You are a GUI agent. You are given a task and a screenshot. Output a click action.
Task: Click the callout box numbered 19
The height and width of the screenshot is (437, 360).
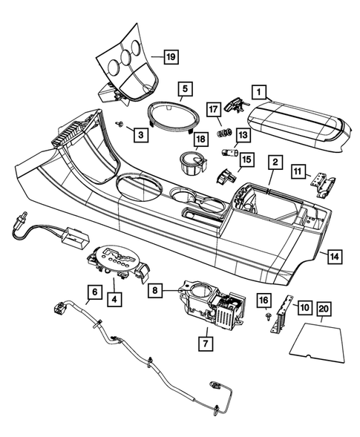(170, 56)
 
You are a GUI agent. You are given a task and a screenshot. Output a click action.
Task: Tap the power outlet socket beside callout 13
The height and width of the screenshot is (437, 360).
(228, 151)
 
